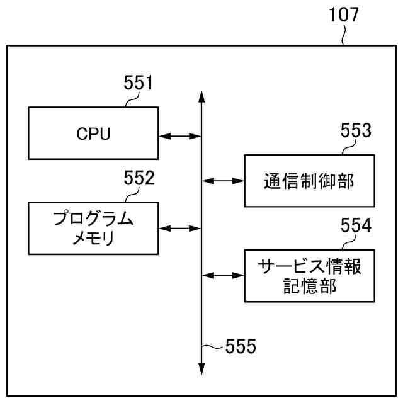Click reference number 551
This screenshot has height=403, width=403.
(x=138, y=83)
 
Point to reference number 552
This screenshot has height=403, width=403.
(x=139, y=179)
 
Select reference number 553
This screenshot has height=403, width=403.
(x=356, y=130)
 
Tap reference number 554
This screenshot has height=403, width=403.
(x=356, y=225)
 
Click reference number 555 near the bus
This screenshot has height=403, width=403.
(x=241, y=346)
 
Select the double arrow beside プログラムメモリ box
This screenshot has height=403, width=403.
(x=179, y=228)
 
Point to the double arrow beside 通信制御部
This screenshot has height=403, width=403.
(x=223, y=181)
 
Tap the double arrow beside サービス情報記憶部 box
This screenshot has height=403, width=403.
(x=223, y=275)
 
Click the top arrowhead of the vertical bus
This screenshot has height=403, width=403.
(x=201, y=96)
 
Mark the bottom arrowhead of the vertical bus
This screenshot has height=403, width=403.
(x=201, y=370)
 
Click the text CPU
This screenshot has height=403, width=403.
(x=93, y=133)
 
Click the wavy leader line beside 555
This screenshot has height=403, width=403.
(x=215, y=346)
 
